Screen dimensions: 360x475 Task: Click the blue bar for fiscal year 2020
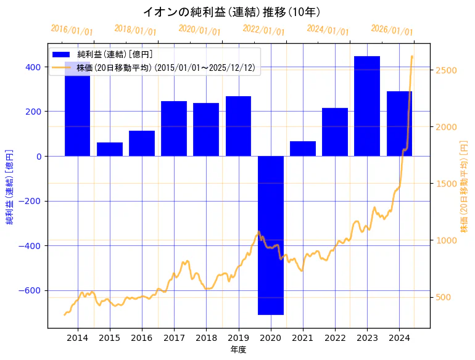click(270, 235)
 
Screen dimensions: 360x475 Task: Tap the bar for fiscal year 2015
click(110, 149)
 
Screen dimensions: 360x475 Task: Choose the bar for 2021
click(303, 149)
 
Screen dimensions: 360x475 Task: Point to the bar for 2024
click(399, 123)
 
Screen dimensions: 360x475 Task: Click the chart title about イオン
click(231, 12)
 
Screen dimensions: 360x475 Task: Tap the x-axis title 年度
click(238, 350)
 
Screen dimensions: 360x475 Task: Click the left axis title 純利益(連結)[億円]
click(10, 186)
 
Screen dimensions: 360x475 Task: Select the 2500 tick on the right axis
click(445, 70)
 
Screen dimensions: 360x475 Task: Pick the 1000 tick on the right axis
click(445, 240)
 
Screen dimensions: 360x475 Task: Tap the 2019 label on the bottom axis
click(238, 338)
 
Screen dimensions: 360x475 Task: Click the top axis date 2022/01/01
click(264, 30)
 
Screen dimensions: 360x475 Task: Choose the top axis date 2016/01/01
click(72, 30)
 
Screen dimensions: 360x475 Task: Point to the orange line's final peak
click(411, 57)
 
